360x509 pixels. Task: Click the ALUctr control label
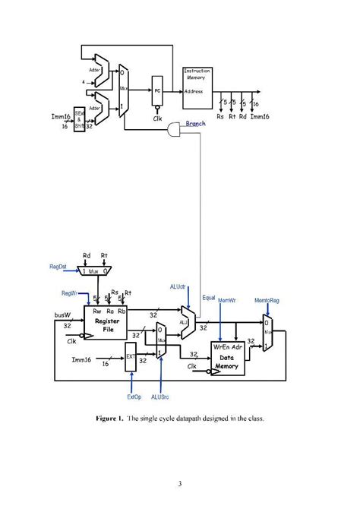[179, 286]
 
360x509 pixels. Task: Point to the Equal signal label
[210, 298]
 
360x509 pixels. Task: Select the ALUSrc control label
[160, 397]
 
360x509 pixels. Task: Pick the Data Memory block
[228, 361]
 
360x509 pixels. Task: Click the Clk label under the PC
[157, 119]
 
